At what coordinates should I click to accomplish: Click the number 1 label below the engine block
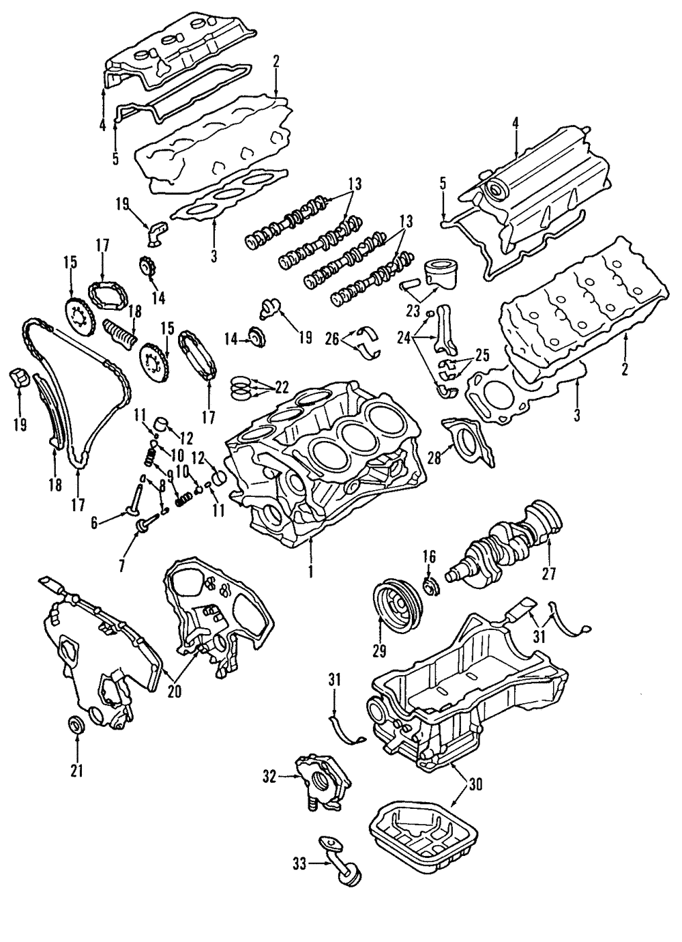(310, 571)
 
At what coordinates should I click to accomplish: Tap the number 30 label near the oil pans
(475, 784)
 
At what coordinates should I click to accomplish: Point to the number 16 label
(428, 556)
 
